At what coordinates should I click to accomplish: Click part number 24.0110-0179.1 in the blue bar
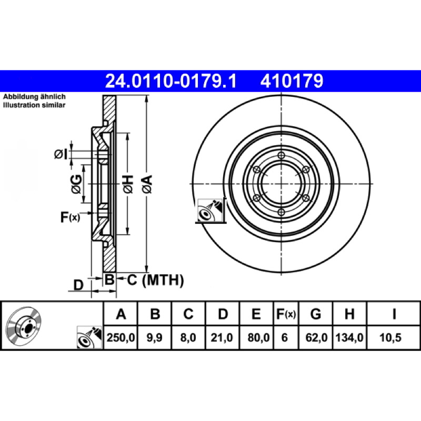(171, 81)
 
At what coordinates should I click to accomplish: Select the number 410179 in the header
(292, 81)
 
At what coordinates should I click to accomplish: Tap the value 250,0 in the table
(121, 337)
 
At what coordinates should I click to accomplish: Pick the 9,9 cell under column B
(154, 337)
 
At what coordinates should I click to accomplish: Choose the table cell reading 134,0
(349, 337)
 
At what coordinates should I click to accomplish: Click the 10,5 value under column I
(390, 337)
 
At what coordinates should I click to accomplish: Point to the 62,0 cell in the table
(316, 337)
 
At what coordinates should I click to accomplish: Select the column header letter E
(256, 314)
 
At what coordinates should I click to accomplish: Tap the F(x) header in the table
(286, 314)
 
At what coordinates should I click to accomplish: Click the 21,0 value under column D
(222, 337)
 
